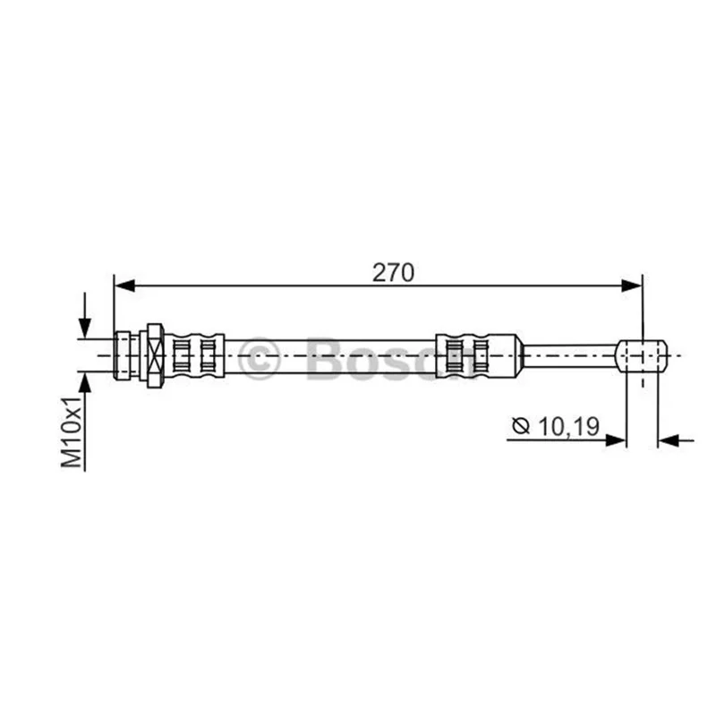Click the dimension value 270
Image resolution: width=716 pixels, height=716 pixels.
[393, 273]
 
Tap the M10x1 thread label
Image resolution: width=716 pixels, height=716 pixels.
[72, 432]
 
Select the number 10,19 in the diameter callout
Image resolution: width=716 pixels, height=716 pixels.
[568, 427]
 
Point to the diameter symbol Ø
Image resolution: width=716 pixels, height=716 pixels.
[521, 426]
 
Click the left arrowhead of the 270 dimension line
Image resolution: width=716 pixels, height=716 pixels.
[124, 286]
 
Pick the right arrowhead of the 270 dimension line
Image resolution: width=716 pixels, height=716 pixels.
[632, 286]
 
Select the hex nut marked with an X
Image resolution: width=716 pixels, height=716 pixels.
[155, 355]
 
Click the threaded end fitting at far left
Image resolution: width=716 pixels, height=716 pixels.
[122, 355]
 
